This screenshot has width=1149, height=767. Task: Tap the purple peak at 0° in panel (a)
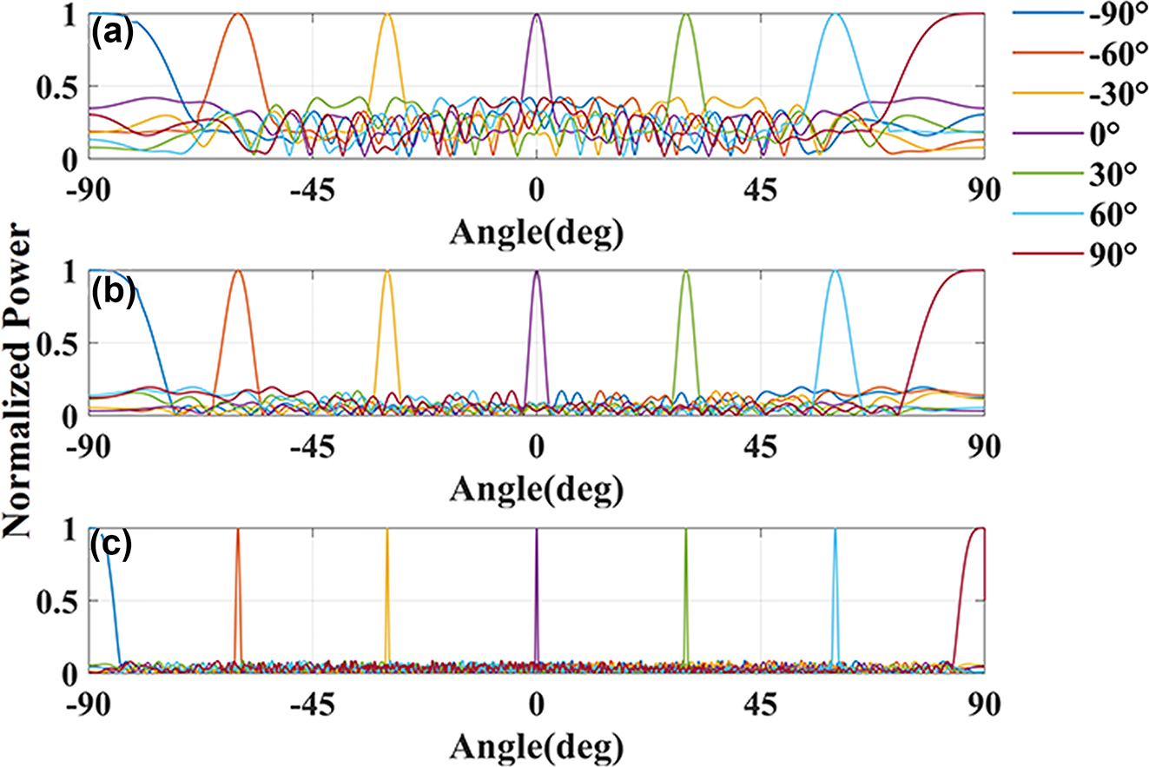[x=537, y=16]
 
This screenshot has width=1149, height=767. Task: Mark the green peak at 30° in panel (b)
[x=686, y=273]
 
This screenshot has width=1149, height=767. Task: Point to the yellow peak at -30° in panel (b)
[x=387, y=273]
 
